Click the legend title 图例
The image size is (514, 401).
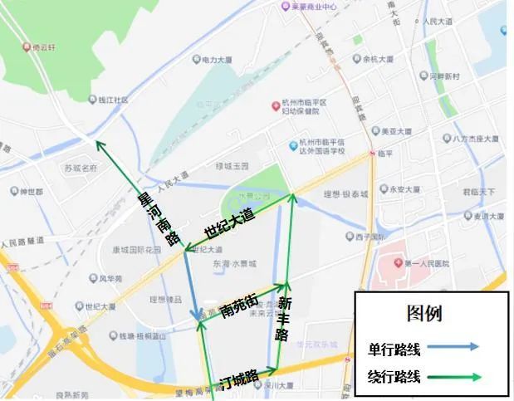(x=423, y=314)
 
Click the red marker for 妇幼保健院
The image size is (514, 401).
(x=277, y=106)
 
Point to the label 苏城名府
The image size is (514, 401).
(x=81, y=167)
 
